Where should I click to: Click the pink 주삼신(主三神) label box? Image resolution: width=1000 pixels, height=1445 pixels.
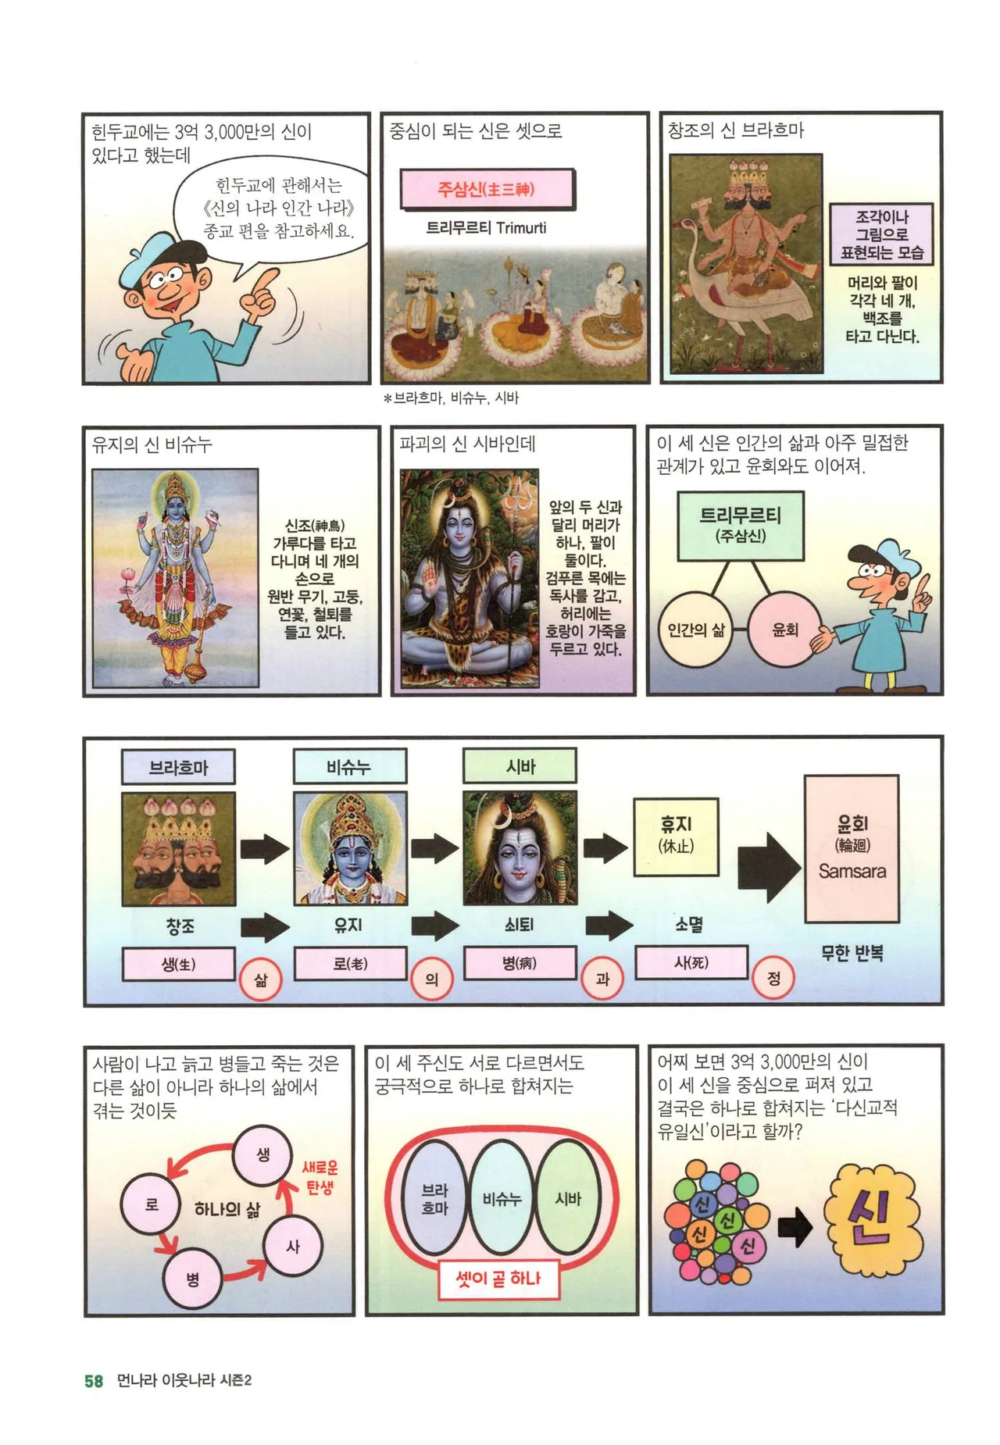pos(487,189)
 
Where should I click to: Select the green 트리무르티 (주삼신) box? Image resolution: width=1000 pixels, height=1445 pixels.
pos(741,526)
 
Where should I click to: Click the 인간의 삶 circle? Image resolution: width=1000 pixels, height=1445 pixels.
pos(696,630)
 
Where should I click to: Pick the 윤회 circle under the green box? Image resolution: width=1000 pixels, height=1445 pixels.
pos(784,630)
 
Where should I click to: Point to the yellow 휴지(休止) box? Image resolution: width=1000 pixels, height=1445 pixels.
pos(677,836)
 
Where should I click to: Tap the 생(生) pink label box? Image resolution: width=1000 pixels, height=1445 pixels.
pos(179,964)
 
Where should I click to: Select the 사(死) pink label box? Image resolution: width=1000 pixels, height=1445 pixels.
pos(691,962)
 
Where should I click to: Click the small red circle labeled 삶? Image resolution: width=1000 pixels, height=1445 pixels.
pos(261,979)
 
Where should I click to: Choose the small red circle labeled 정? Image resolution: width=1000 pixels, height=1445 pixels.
pos(773,978)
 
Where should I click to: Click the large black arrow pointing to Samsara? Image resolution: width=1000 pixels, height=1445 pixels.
pos(769,867)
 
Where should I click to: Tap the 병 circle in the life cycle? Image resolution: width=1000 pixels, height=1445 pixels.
pos(192,1279)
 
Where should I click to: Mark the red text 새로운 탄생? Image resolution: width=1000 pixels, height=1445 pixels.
pos(320,1178)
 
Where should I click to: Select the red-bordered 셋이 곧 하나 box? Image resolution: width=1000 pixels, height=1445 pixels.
pos(498,1279)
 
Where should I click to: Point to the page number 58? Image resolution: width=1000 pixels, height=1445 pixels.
pos(94,1381)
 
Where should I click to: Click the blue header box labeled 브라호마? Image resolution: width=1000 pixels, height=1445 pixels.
pos(178,767)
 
